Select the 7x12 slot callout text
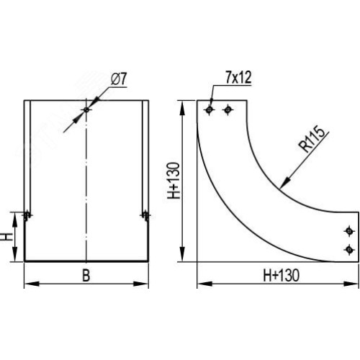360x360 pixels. click(x=238, y=78)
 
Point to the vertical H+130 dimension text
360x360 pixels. click(x=174, y=181)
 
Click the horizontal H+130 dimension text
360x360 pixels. click(x=282, y=275)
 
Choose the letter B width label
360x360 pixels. click(x=86, y=276)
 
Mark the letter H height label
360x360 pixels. click(x=8, y=237)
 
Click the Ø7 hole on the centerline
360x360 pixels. click(x=86, y=110)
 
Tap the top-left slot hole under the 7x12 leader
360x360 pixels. click(x=210, y=110)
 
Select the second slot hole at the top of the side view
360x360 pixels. click(x=228, y=110)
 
